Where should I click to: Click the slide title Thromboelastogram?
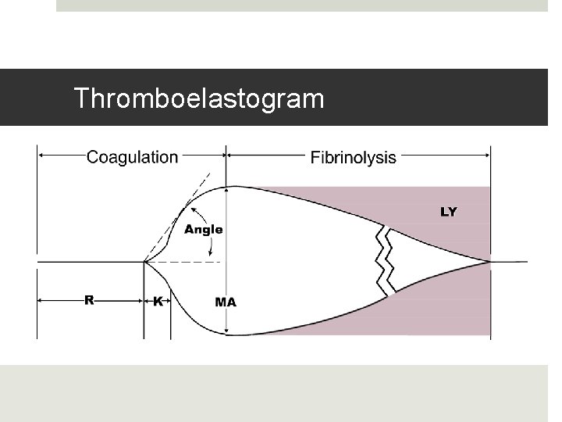[x=198, y=98]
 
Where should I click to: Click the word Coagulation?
[x=132, y=157]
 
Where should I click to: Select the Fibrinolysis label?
[x=353, y=158]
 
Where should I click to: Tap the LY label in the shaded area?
[x=449, y=212]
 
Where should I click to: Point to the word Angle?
[x=203, y=230]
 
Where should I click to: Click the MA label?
[x=226, y=302]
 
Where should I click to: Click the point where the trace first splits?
[x=144, y=262]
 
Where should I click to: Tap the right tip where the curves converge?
[x=489, y=262]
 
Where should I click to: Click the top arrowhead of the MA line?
[x=226, y=190]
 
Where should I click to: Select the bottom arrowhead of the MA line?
[x=226, y=331]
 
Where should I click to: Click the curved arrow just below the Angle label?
[x=211, y=246]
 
